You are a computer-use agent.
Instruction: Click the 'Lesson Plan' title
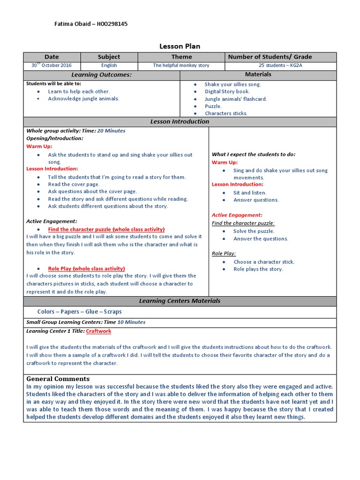(180, 46)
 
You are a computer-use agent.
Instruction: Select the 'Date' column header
(52, 57)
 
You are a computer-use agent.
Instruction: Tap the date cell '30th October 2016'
(52, 66)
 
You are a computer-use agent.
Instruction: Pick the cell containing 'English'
(109, 66)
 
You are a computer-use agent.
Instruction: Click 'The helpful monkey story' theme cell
(181, 66)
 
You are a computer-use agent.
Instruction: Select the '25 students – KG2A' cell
(280, 66)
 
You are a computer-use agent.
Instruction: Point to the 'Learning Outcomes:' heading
(101, 75)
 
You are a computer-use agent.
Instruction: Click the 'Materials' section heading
(258, 75)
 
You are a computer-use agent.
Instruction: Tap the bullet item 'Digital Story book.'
(227, 92)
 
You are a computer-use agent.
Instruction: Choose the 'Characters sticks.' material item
(226, 113)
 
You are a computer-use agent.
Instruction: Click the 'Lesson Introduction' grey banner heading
(180, 122)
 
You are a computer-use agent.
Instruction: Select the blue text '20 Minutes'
(111, 131)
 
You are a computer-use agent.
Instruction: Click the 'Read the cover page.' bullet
(74, 185)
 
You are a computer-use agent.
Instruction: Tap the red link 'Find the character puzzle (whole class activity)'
(106, 229)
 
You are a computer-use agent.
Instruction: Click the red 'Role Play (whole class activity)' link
(86, 269)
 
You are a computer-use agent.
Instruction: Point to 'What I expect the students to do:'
(254, 154)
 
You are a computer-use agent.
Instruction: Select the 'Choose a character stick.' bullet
(264, 262)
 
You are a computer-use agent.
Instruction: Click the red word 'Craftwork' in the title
(98, 331)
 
